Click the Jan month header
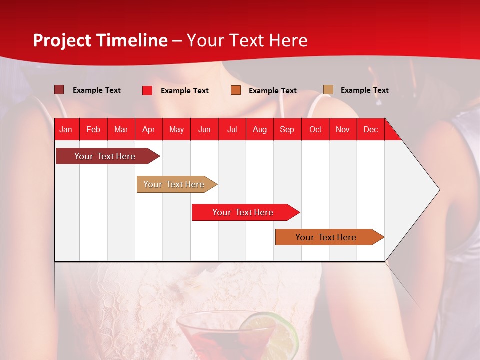pyautogui.click(x=66, y=129)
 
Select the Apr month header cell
pyautogui.click(x=149, y=129)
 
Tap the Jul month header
pyautogui.click(x=232, y=129)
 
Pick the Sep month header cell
pyautogui.click(x=287, y=129)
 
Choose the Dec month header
pyautogui.click(x=370, y=129)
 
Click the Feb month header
pyautogui.click(x=93, y=129)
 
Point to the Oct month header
pyautogui.click(x=315, y=129)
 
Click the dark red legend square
pyautogui.click(x=59, y=90)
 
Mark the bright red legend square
pyautogui.click(x=147, y=90)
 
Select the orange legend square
pyautogui.click(x=236, y=90)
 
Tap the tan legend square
pyautogui.click(x=328, y=90)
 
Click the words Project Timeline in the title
pyautogui.click(x=100, y=40)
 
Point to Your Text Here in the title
pyautogui.click(x=247, y=40)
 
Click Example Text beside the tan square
pyautogui.click(x=364, y=90)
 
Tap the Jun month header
pyautogui.click(x=204, y=129)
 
